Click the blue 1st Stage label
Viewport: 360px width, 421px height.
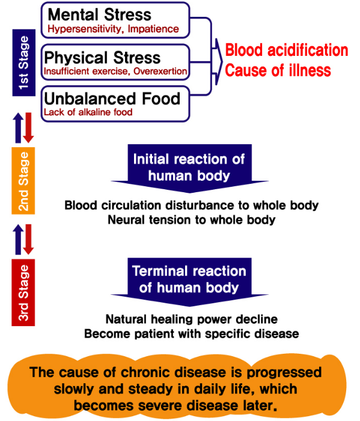[24, 62]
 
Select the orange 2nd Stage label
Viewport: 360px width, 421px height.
[23, 181]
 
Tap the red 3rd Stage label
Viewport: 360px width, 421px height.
[23, 292]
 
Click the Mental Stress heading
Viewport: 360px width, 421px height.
[99, 14]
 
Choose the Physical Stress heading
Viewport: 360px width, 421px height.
[102, 58]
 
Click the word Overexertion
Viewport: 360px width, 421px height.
[160, 71]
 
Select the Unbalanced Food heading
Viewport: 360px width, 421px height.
[112, 98]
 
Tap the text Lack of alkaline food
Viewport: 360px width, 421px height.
[88, 112]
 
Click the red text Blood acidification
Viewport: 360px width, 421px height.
[287, 50]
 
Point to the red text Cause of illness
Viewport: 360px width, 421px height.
[278, 70]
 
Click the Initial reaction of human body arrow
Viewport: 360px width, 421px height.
[190, 168]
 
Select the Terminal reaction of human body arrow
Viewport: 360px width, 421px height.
[190, 282]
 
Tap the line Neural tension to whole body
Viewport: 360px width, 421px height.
[192, 220]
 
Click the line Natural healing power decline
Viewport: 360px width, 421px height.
[192, 320]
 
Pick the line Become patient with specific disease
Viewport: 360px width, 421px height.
[192, 334]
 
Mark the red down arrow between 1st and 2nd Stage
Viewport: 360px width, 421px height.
[28, 127]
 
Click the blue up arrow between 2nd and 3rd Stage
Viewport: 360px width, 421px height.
[18, 239]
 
